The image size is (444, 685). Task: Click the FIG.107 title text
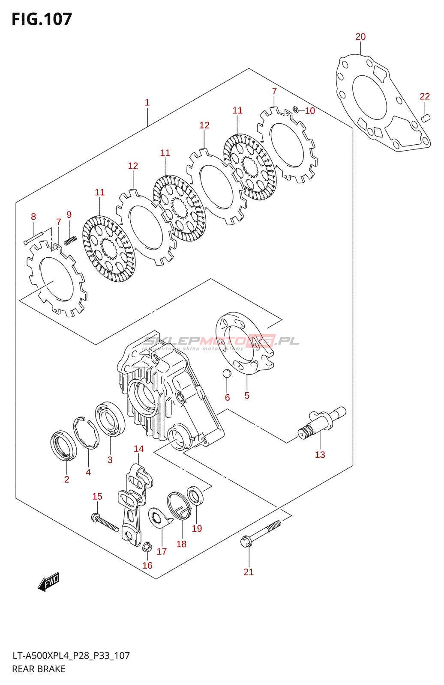pyautogui.click(x=42, y=19)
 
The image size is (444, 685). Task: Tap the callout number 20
pyautogui.click(x=360, y=37)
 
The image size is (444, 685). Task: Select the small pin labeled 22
pyautogui.click(x=425, y=118)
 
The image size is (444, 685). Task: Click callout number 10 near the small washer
pyautogui.click(x=310, y=111)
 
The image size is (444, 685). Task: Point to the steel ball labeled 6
pyautogui.click(x=227, y=373)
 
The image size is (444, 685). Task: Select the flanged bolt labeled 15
pyautogui.click(x=105, y=523)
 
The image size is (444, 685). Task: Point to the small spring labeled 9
pyautogui.click(x=70, y=241)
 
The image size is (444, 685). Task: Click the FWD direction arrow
pyautogui.click(x=48, y=582)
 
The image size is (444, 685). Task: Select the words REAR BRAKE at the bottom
pyautogui.click(x=39, y=669)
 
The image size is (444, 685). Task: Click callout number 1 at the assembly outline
pyautogui.click(x=147, y=103)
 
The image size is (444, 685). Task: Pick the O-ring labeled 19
pyautogui.click(x=196, y=496)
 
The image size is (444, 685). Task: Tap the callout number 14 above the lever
pyautogui.click(x=138, y=449)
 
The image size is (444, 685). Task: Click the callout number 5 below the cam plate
pyautogui.click(x=247, y=396)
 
